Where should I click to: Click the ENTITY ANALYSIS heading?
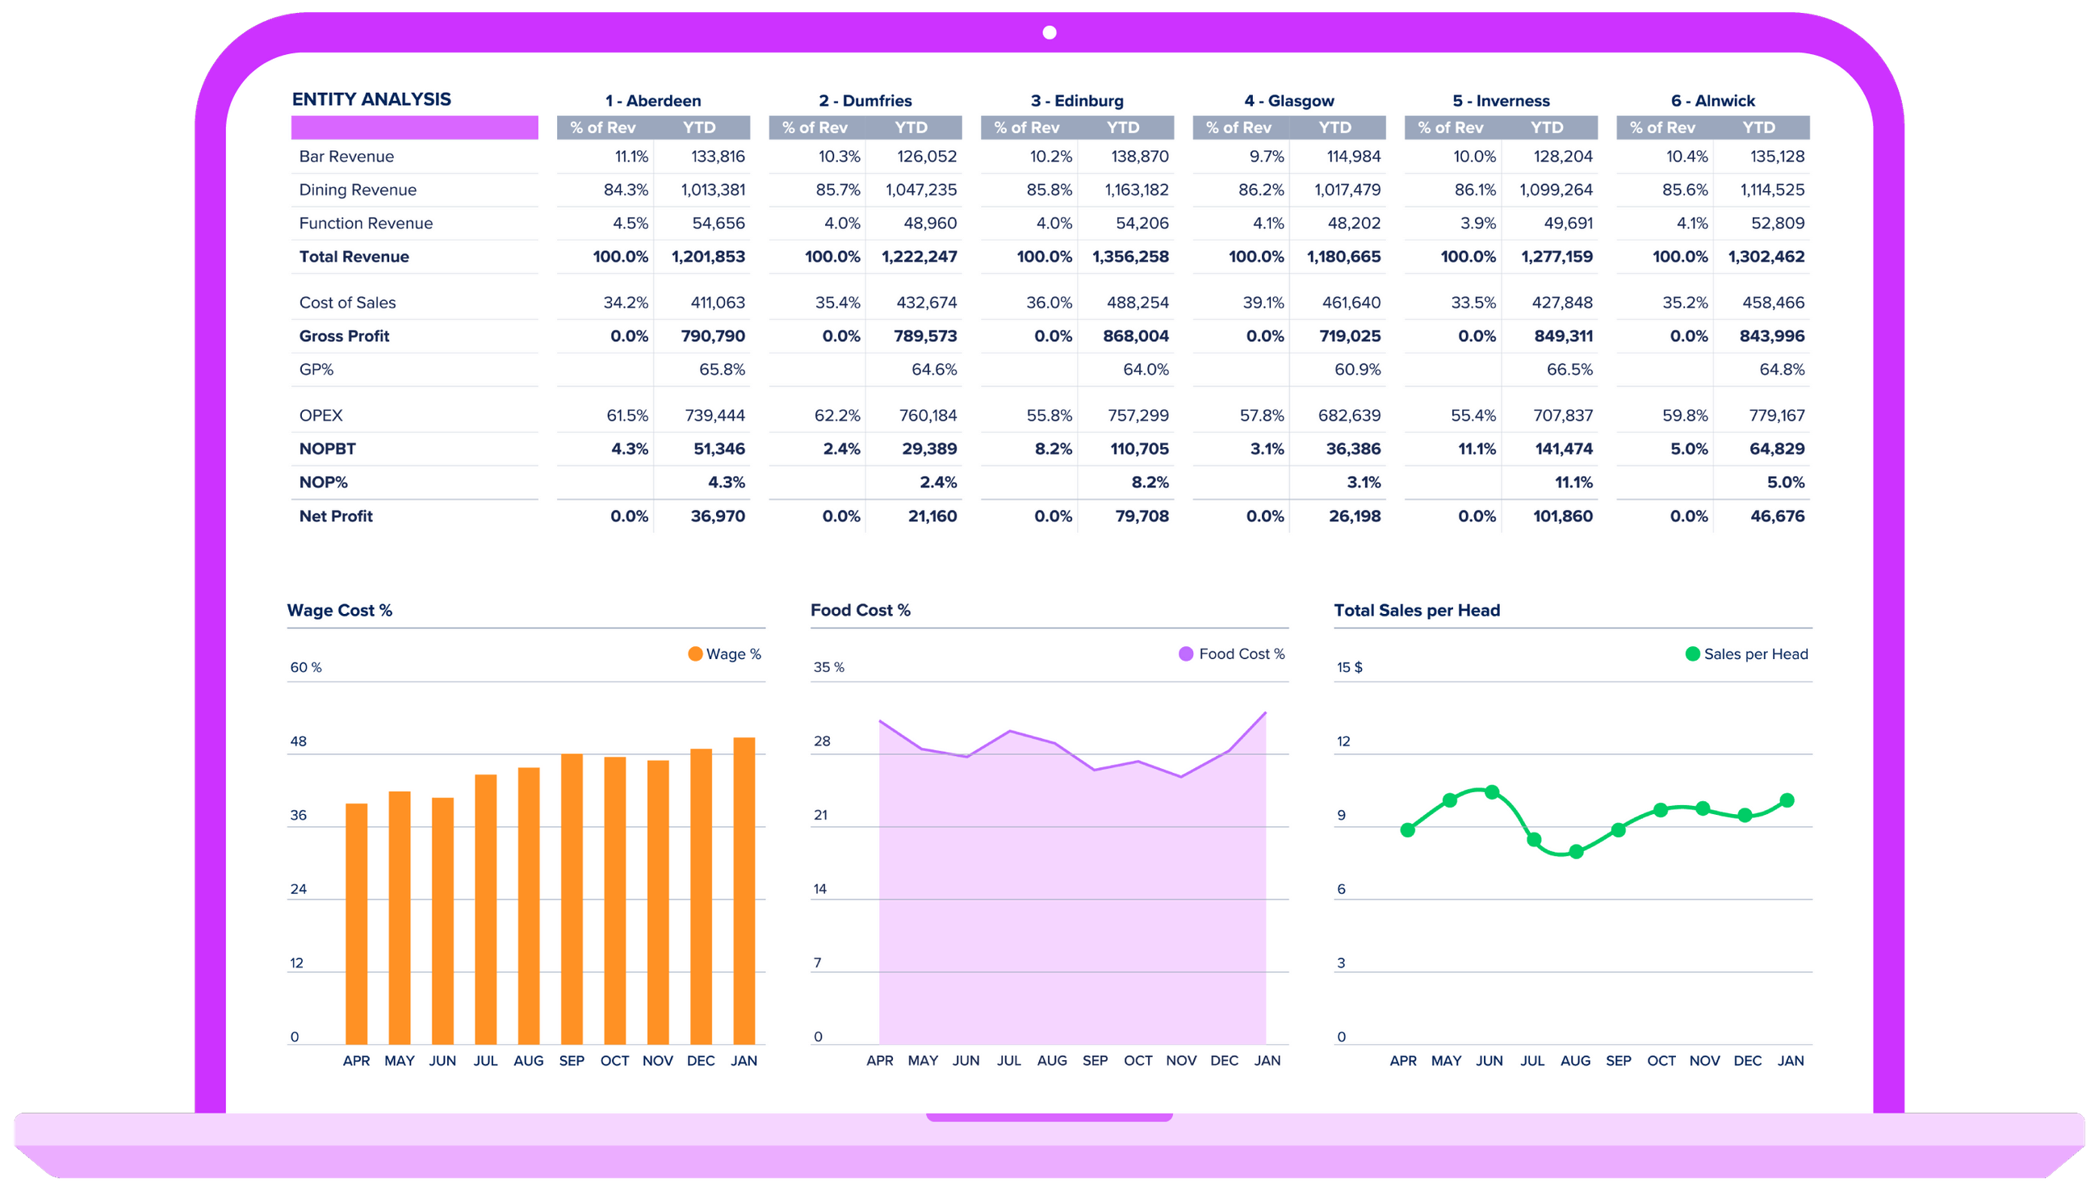371,99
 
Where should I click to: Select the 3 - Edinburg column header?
1076,101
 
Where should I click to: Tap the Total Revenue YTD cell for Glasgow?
1343,257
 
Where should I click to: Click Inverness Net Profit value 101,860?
1562,516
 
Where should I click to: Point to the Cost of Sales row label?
346,303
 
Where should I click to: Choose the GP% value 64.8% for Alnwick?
1781,370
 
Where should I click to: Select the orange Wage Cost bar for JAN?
744,891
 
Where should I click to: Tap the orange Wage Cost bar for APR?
357,924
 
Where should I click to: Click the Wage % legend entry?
724,653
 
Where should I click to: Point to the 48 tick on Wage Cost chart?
299,741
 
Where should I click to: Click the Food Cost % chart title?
860,611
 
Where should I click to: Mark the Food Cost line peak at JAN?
1265,713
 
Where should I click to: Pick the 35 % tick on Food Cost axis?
828,667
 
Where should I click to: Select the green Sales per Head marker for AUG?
1576,852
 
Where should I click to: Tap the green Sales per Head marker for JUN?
1491,792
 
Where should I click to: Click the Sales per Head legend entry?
1746,653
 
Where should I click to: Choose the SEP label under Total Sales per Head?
1617,1060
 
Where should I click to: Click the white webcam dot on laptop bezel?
1049,33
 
